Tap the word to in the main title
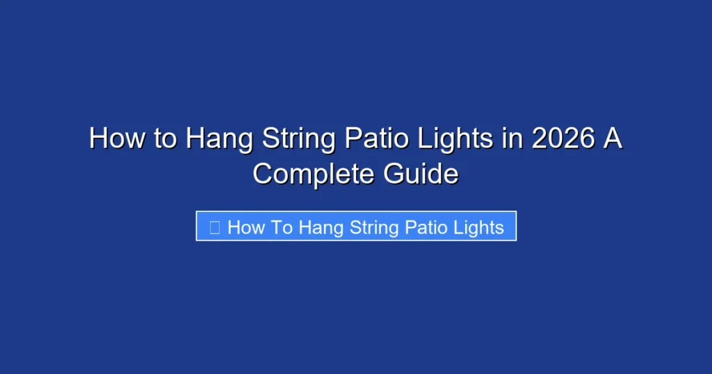click(x=165, y=139)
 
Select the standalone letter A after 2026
click(x=613, y=139)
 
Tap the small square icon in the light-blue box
click(x=215, y=227)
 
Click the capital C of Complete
click(x=263, y=172)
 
